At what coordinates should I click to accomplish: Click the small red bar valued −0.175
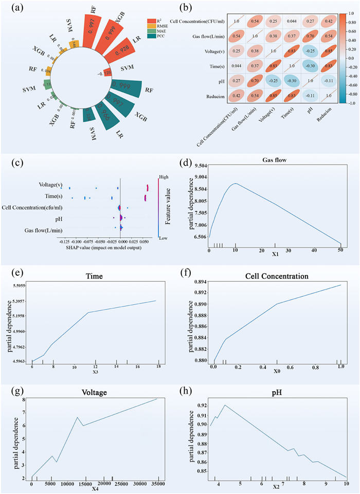coord(107,72)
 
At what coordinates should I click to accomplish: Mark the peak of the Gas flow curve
coord(235,183)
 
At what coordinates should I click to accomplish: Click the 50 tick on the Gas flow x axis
coord(340,250)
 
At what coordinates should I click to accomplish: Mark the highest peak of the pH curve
coord(225,405)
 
